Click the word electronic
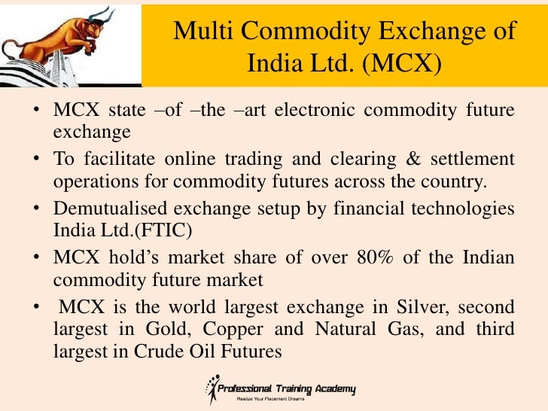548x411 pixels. click(x=314, y=111)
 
